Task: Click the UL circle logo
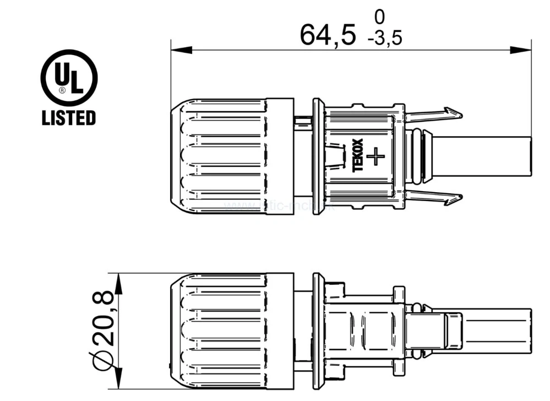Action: point(69,78)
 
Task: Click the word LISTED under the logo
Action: point(69,117)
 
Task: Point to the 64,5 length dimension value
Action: point(328,35)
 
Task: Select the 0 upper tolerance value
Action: point(379,15)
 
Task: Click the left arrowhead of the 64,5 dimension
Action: point(181,50)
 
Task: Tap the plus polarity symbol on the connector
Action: point(376,156)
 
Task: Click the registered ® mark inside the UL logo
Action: point(62,89)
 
